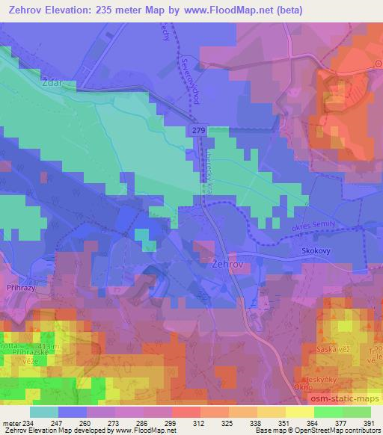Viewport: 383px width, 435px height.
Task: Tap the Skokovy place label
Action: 315,253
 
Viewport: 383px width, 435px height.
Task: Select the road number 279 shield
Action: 197,131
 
